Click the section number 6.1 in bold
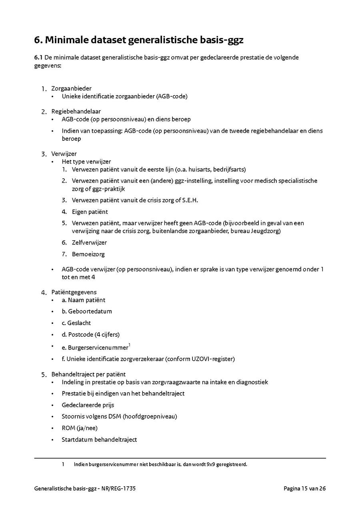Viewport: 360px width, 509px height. tap(38, 58)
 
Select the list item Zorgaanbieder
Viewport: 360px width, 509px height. tap(71, 88)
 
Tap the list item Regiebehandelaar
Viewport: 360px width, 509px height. tap(76, 111)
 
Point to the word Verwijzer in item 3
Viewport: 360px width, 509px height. tap(64, 154)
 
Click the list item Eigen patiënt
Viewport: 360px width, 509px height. tap(90, 212)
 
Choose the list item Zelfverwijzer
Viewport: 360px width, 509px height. tap(89, 243)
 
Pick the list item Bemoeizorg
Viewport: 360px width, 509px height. tap(88, 254)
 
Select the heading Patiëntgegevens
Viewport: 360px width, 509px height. tap(74, 292)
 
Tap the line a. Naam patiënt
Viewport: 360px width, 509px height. tap(84, 300)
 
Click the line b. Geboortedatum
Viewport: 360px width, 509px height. tap(87, 311)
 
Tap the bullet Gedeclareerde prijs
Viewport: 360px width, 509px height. tap(88, 405)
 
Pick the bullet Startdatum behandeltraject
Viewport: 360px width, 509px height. tap(99, 439)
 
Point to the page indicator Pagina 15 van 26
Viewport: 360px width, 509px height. tap(305, 489)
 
